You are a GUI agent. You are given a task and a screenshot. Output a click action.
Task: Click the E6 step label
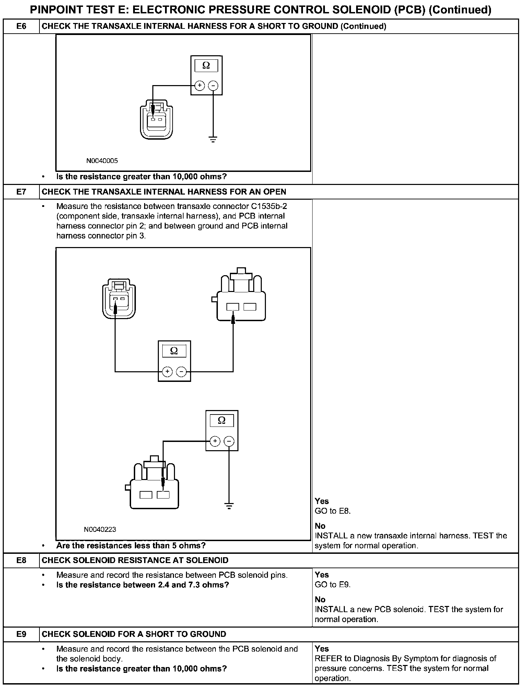pos(21,26)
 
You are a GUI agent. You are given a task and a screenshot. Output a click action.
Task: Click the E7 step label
pos(21,191)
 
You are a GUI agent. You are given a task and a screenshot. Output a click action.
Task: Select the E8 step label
pos(21,560)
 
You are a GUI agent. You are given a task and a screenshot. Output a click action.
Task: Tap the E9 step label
pos(21,634)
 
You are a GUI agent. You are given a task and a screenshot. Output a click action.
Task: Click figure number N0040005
pos(102,161)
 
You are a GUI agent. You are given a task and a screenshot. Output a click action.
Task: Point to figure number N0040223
pos(100,529)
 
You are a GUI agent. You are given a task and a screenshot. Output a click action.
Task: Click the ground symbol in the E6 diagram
pos(213,139)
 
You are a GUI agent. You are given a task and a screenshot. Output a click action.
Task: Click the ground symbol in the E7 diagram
pos(229,505)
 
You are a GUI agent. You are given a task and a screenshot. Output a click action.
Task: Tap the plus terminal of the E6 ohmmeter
pos(199,85)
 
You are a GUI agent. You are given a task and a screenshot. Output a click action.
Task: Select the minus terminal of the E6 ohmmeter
pos(213,85)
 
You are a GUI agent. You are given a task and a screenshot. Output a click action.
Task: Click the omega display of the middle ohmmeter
pos(174,351)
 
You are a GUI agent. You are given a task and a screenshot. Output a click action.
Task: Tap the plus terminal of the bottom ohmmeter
pos(215,441)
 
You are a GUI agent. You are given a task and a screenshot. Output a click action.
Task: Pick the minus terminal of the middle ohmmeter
pos(181,371)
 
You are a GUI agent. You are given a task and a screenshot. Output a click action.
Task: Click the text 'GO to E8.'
pos(332,511)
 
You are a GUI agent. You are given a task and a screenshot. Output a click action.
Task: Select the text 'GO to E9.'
pos(332,585)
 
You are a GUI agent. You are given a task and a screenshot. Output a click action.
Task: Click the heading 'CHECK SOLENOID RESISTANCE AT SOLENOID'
pos(135,560)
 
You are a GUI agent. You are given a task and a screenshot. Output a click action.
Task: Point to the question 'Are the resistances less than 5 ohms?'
pos(131,546)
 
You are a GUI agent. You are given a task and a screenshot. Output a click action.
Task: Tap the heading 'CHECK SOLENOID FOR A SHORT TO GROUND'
pos(134,634)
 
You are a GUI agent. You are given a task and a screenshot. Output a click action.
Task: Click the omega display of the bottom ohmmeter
pos(222,420)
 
